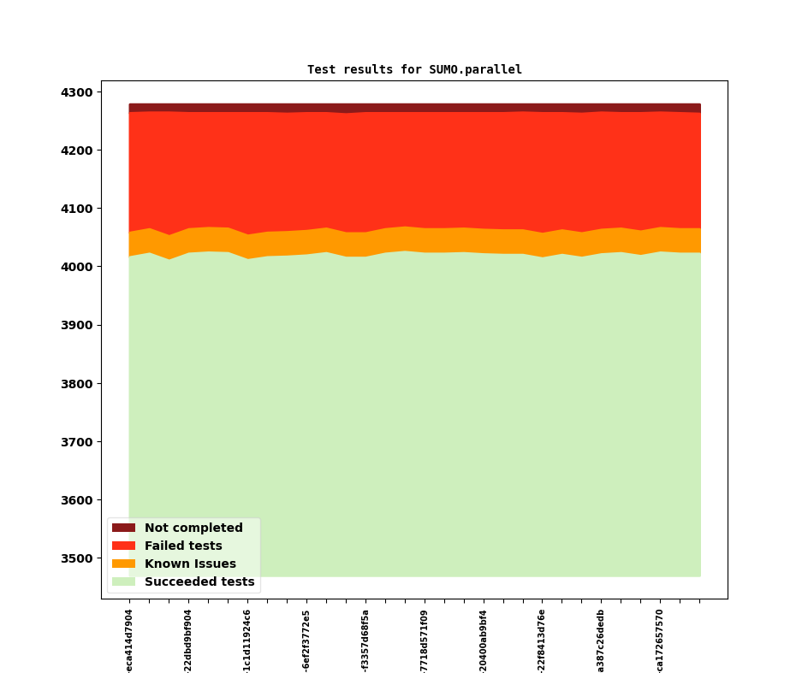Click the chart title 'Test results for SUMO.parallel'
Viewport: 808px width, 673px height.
(414, 70)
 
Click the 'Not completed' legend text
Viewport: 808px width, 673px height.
(193, 528)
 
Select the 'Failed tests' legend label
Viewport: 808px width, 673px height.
(183, 546)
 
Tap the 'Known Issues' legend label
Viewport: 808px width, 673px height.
(190, 564)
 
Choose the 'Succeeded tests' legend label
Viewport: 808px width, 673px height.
(199, 582)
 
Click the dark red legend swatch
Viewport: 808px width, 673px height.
(123, 528)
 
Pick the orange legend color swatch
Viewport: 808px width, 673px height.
(123, 564)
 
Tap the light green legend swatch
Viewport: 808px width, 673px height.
(123, 582)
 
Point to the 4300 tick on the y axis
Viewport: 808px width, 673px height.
(85, 92)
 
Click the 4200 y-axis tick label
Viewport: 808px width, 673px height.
(85, 151)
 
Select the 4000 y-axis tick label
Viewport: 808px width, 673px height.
(85, 267)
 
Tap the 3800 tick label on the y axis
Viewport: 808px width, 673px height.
(85, 384)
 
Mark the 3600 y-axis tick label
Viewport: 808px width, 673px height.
(85, 500)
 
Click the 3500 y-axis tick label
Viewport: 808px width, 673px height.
(85, 558)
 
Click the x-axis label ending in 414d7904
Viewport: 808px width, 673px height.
(129, 640)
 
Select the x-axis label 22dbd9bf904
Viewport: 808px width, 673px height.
(188, 640)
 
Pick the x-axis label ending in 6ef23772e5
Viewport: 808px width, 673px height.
(306, 640)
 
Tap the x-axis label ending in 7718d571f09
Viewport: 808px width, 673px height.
(425, 640)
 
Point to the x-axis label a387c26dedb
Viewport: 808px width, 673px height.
(601, 640)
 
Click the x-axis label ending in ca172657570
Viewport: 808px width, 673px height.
(660, 640)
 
